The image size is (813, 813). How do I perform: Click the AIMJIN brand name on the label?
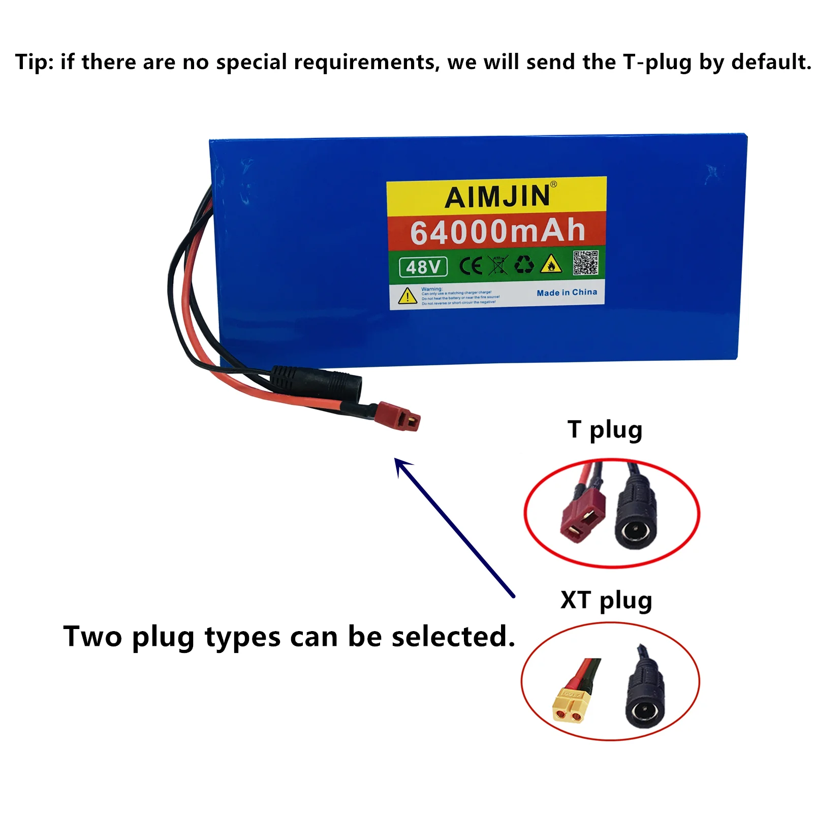click(x=497, y=197)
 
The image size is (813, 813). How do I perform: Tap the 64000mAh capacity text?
click(x=497, y=231)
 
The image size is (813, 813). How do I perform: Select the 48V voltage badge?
click(x=423, y=267)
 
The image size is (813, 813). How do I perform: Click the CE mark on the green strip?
click(x=471, y=265)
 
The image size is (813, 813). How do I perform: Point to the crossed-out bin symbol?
click(x=497, y=265)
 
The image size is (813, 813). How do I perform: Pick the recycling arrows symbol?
click(x=524, y=264)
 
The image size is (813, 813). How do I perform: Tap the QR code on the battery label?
click(x=585, y=263)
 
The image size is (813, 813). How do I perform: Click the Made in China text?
click(x=567, y=293)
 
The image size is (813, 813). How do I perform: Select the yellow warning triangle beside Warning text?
click(x=408, y=296)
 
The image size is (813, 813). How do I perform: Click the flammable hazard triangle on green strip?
click(x=551, y=264)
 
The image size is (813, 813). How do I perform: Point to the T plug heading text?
click(x=605, y=430)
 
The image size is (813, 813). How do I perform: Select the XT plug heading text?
click(x=606, y=601)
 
